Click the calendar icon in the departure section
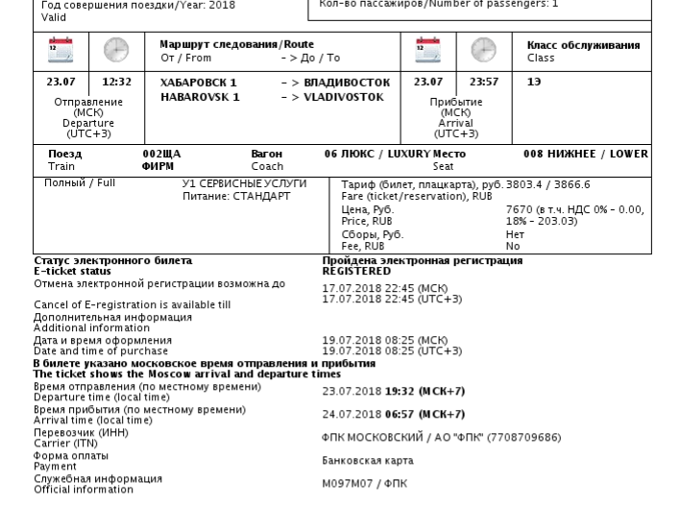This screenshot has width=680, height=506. (x=61, y=49)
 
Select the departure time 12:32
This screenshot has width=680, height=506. (x=116, y=83)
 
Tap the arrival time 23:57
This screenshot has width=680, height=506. (x=484, y=83)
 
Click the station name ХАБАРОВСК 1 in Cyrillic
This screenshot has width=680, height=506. (x=198, y=83)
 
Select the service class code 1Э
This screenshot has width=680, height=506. (x=534, y=83)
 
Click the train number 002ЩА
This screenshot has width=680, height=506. (x=161, y=154)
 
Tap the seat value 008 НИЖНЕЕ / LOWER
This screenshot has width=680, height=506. (x=585, y=154)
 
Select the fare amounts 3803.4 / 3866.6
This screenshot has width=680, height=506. (x=544, y=184)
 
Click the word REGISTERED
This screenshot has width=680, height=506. (x=356, y=272)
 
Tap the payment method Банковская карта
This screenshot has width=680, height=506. (x=367, y=461)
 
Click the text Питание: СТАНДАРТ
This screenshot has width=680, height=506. (x=236, y=196)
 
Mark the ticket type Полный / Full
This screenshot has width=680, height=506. (x=80, y=182)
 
